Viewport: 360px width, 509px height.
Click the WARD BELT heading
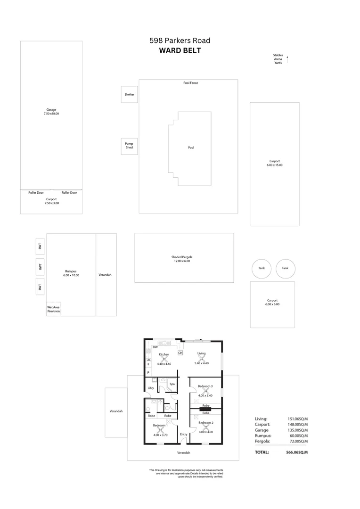pyautogui.click(x=180, y=51)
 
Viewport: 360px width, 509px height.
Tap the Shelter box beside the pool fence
pyautogui.click(x=129, y=94)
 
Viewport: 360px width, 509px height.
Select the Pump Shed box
pyautogui.click(x=129, y=146)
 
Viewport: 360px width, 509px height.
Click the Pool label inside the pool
pyautogui.click(x=191, y=148)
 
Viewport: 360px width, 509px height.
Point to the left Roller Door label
pyautogui.click(x=36, y=192)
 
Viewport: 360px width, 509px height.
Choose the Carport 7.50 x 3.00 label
pyautogui.click(x=51, y=201)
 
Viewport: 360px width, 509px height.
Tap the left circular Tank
pyautogui.click(x=262, y=268)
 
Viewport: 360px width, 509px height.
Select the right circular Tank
pyautogui.click(x=285, y=268)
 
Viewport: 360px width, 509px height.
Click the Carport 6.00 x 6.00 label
pyautogui.click(x=272, y=302)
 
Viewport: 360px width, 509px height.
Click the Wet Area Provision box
pyautogui.click(x=53, y=309)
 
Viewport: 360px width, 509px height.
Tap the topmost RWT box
pyautogui.click(x=41, y=246)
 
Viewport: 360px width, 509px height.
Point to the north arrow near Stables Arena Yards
pyautogui.click(x=287, y=59)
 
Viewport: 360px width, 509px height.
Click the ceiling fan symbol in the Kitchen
pyautogui.click(x=164, y=359)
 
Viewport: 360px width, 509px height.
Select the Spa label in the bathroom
pyautogui.click(x=172, y=385)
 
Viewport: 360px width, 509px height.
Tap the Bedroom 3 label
pyautogui.click(x=205, y=386)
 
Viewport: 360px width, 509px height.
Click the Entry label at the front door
pyautogui.click(x=183, y=434)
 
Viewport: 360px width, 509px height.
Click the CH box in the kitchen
pyautogui.click(x=180, y=353)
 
